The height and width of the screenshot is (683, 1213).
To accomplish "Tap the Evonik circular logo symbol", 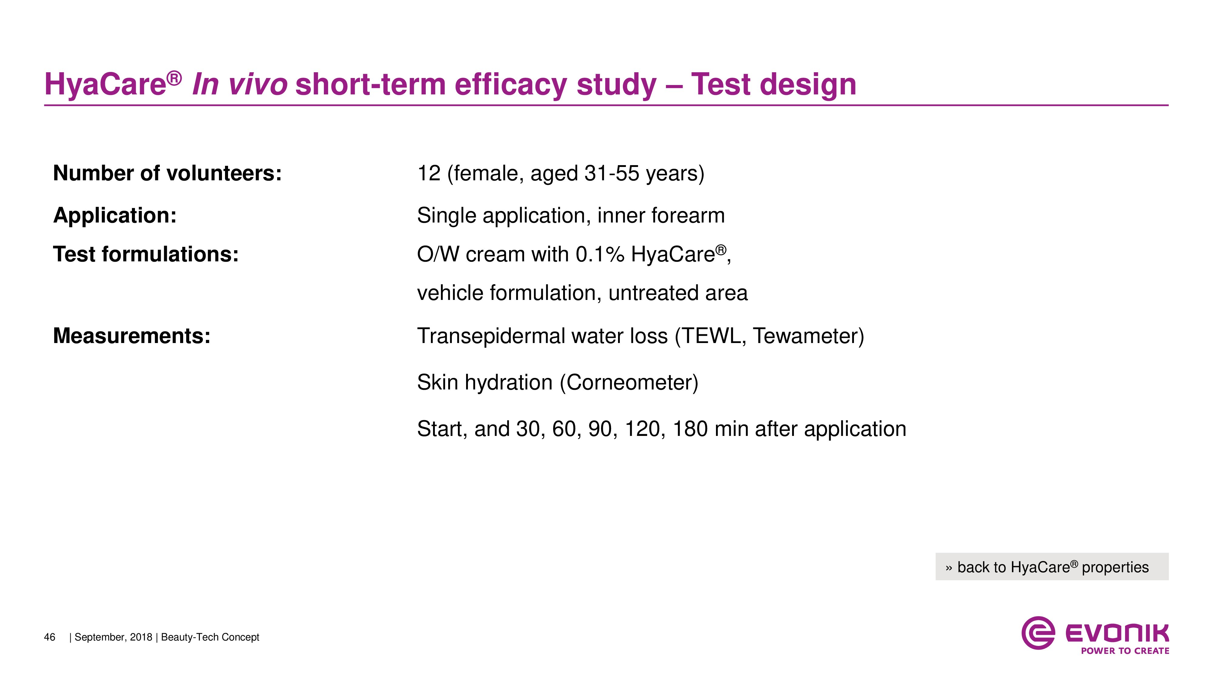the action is (x=1038, y=633).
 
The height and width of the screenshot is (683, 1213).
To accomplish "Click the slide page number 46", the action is (x=49, y=637).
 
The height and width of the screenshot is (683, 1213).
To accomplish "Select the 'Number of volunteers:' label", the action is (x=167, y=173).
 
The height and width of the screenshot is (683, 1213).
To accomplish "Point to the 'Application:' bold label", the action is (x=115, y=216).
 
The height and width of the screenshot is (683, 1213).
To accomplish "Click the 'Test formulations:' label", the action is (x=146, y=254).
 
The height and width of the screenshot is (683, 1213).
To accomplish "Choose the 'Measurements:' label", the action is (x=132, y=336).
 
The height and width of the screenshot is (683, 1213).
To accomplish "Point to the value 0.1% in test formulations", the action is (x=600, y=255).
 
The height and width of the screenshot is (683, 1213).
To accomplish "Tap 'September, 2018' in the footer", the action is (x=113, y=637).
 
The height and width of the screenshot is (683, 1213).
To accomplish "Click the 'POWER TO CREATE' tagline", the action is (x=1125, y=651).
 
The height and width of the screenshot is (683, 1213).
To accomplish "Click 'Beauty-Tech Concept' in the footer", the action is (x=210, y=637).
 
